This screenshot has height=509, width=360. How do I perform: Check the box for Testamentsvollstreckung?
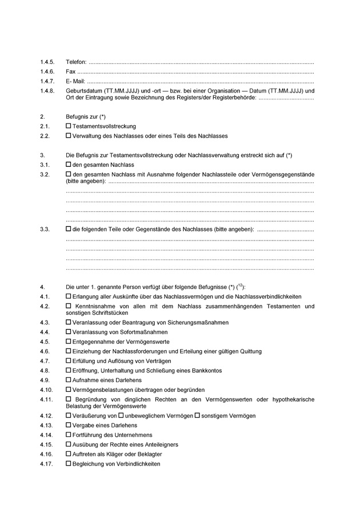pyautogui.click(x=69, y=126)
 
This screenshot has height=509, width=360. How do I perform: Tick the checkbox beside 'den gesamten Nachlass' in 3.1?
pyautogui.click(x=69, y=165)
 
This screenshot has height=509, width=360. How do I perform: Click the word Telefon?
pyautogui.click(x=77, y=62)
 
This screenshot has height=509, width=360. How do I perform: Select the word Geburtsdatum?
pyautogui.click(x=84, y=91)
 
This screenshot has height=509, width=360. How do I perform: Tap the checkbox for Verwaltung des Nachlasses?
pyautogui.click(x=69, y=136)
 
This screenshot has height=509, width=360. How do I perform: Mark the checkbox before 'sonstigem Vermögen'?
pyautogui.click(x=197, y=415)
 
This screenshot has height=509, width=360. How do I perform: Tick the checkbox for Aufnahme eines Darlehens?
pyautogui.click(x=69, y=380)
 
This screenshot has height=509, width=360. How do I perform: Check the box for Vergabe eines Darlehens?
pyautogui.click(x=69, y=425)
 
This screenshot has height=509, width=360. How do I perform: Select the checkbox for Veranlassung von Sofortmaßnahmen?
pyautogui.click(x=69, y=332)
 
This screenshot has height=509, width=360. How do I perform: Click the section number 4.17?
pyautogui.click(x=47, y=464)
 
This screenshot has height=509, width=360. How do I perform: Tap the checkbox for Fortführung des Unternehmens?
pyautogui.click(x=69, y=435)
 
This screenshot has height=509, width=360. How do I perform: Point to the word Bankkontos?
pyautogui.click(x=206, y=370)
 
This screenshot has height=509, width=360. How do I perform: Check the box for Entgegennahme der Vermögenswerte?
pyautogui.click(x=69, y=342)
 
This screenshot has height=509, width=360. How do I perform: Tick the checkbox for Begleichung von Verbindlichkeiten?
pyautogui.click(x=69, y=464)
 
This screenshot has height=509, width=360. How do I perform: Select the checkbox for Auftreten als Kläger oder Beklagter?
pyautogui.click(x=69, y=454)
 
